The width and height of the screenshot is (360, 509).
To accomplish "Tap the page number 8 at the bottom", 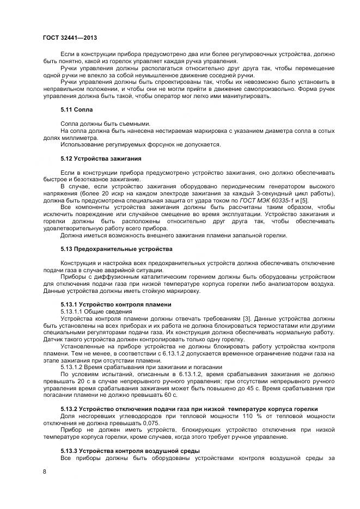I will [x=44, y=471].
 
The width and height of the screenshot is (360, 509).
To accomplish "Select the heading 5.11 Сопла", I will [x=77, y=109].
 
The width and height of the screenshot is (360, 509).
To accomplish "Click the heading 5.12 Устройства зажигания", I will [x=101, y=158].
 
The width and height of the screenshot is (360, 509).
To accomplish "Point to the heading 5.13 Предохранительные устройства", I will [x=116, y=249].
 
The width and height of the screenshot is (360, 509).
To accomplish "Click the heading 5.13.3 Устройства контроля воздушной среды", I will [x=130, y=451].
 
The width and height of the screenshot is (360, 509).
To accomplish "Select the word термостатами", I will [x=270, y=325].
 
